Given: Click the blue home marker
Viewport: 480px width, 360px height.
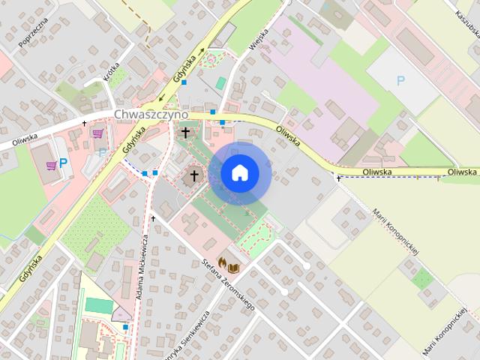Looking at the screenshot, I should [x=240, y=173].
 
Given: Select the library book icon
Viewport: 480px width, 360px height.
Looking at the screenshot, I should [x=234, y=267].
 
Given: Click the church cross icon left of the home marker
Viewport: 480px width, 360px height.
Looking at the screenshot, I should [x=193, y=175].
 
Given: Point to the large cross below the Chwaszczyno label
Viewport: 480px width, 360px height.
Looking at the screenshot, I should [x=185, y=133].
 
